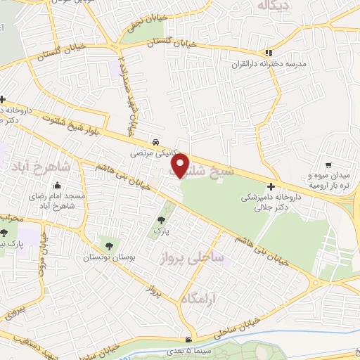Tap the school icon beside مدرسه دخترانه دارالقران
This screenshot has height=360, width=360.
(x=267, y=52)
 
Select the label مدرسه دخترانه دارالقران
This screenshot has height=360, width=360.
(x=270, y=64)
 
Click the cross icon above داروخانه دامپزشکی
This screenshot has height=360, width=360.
(x=271, y=185)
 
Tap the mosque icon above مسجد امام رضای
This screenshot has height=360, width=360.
(x=32, y=181)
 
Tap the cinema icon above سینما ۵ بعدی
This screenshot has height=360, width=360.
(x=187, y=338)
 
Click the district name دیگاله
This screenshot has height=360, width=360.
(x=273, y=6)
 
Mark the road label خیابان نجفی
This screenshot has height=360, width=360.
(x=134, y=25)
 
